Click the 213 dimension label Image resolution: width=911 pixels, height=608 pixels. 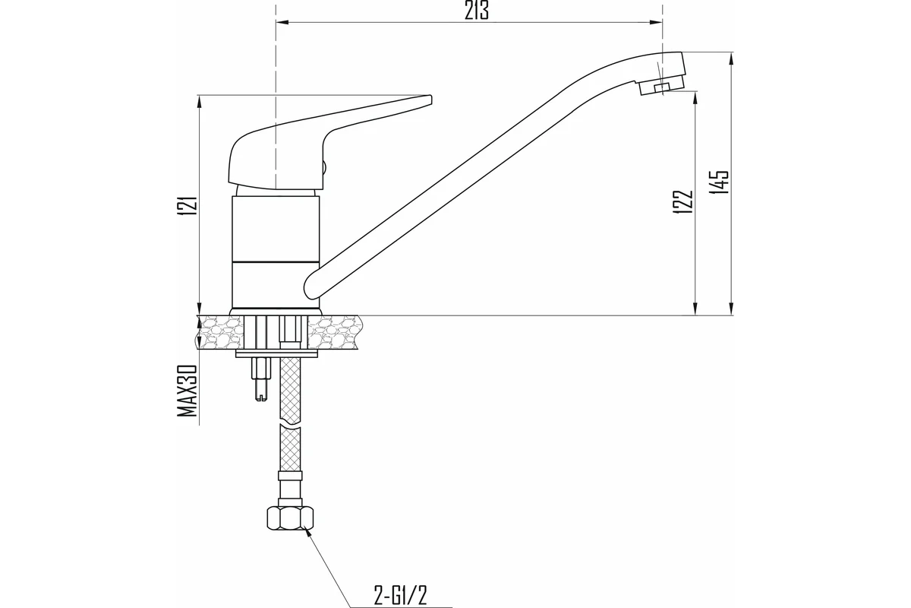click(x=476, y=11)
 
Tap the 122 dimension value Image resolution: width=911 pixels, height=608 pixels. click(x=683, y=202)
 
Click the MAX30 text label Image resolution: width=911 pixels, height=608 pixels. click(x=188, y=391)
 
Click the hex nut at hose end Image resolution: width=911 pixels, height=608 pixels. click(x=290, y=518)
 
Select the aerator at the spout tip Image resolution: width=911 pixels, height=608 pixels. click(x=662, y=84)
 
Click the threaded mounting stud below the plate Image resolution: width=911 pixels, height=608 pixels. click(x=261, y=379)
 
